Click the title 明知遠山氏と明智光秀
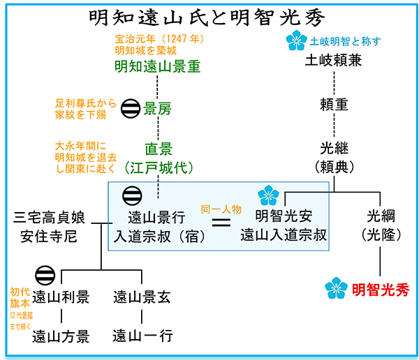coord(209,16)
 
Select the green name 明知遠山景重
coord(157,68)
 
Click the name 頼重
coord(333,105)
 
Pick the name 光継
coord(333,149)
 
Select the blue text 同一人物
coord(221,208)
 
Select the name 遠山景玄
coord(142,298)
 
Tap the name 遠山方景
coord(61,337)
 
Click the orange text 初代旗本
coord(20,299)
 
